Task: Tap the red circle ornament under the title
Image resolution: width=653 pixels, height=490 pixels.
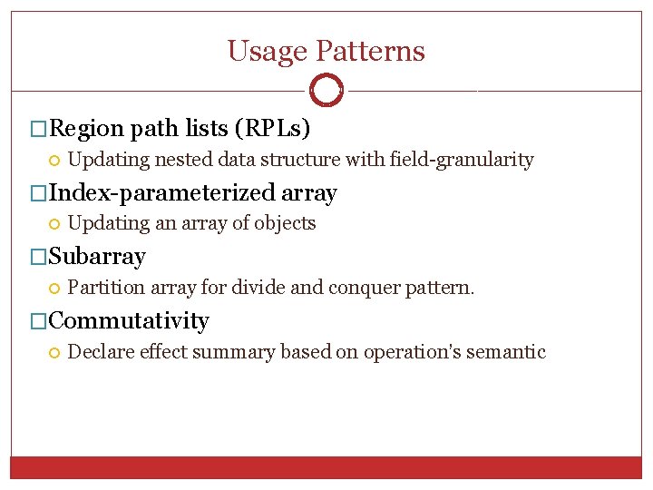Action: [326, 91]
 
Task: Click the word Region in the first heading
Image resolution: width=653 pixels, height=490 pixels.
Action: [87, 129]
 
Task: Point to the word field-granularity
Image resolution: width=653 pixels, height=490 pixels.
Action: [462, 161]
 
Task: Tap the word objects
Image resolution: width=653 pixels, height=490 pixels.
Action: [285, 224]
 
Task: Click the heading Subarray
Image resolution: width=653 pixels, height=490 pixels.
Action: [96, 257]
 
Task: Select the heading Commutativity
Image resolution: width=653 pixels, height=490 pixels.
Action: [129, 321]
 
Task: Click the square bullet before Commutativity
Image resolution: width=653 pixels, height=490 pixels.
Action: [37, 321]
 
